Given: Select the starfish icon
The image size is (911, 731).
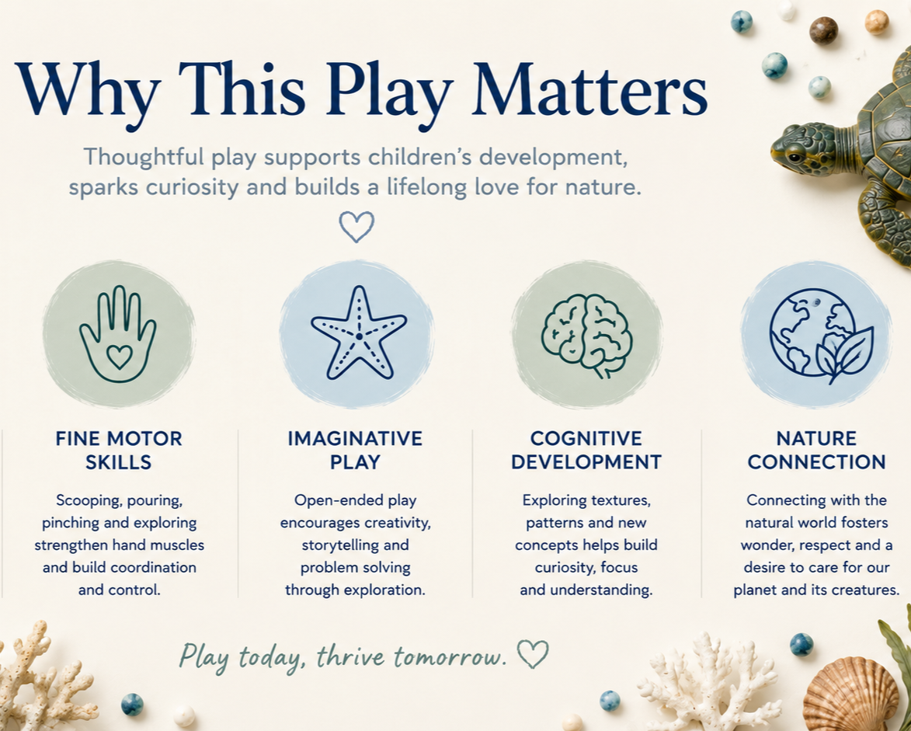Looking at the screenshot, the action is [x=359, y=333].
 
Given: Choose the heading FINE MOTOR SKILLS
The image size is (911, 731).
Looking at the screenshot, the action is [x=119, y=451].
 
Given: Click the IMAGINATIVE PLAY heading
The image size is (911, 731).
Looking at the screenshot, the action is [x=355, y=451].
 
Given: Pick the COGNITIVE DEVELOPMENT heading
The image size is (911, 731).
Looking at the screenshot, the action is [x=586, y=451].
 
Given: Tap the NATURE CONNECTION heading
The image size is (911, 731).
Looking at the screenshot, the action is [x=816, y=451].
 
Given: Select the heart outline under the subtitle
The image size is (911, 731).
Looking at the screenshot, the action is [x=356, y=227].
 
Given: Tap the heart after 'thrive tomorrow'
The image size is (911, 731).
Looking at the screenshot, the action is [x=533, y=654].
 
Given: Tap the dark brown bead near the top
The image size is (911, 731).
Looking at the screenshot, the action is [x=824, y=31].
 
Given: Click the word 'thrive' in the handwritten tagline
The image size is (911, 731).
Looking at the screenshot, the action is [x=351, y=656].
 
